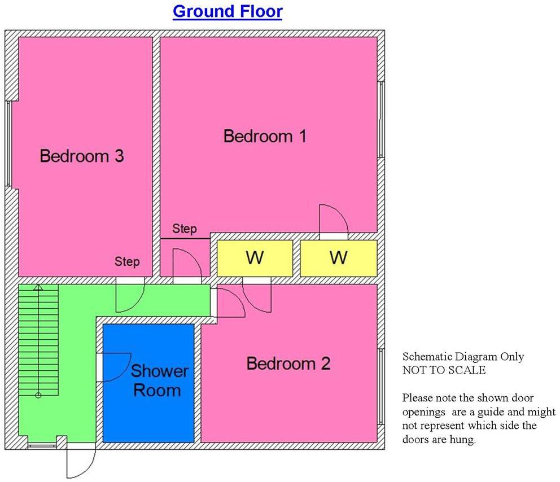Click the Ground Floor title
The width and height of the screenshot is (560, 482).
227,11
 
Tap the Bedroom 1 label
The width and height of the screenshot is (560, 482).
265,136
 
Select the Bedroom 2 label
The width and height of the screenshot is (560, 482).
288,363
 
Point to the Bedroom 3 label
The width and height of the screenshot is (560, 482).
82,156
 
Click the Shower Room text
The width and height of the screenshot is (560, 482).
159,380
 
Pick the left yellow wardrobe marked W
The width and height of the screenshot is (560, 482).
255,258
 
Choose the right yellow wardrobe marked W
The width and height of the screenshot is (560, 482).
338,258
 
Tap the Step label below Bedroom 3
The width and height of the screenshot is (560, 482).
127,262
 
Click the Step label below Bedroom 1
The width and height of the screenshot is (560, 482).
185,229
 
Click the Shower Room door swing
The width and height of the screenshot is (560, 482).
115,367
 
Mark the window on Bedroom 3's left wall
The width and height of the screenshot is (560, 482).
8,143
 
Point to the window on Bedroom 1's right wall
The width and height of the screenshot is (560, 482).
382,119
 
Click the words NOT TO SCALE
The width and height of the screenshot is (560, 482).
444,370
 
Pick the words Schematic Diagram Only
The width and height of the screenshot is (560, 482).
463,357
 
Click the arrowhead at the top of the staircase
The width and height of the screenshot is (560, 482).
38,288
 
